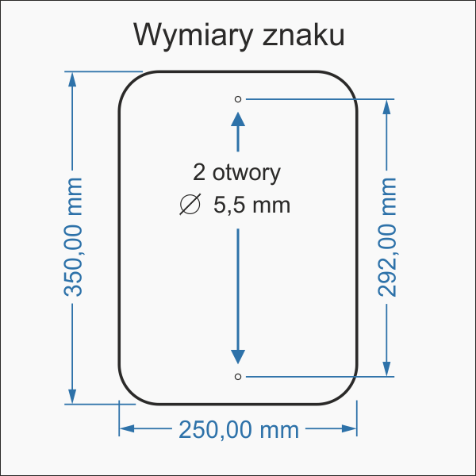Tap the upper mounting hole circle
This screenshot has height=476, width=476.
238,99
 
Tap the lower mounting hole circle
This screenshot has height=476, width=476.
238,375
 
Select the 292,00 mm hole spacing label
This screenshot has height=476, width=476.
386,237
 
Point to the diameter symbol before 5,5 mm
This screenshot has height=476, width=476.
190,205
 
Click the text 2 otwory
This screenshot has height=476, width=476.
236,172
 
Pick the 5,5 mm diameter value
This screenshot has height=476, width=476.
251,205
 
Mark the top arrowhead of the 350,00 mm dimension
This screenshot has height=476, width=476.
73,80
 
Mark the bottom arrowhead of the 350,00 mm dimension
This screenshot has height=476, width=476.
73,395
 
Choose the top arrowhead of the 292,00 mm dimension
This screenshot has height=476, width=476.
387,107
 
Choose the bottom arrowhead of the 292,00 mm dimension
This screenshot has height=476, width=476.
387,367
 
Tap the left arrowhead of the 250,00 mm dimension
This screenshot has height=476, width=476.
127,428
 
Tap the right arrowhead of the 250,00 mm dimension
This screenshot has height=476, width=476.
349,428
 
